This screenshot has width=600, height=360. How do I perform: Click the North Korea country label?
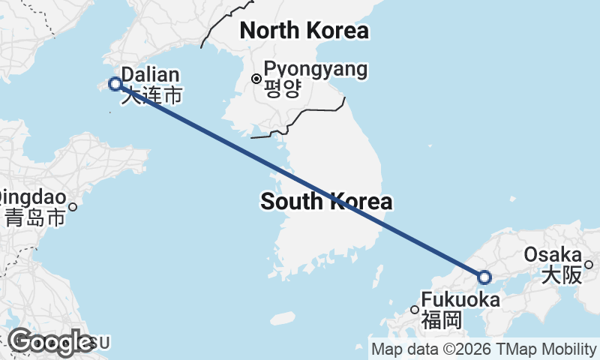click(x=303, y=31)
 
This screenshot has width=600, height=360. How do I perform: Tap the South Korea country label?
click(x=326, y=201)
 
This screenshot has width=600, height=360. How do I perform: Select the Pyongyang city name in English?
click(x=316, y=70)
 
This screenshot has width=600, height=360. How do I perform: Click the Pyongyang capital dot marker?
click(x=256, y=78)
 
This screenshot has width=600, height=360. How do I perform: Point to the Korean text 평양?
click(x=283, y=89)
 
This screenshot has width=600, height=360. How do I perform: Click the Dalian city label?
click(x=150, y=75)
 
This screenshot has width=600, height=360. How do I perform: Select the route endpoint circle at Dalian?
click(x=115, y=84)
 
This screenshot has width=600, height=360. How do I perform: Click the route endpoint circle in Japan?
click(x=484, y=277)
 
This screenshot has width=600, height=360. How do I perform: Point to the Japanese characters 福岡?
click(x=440, y=321)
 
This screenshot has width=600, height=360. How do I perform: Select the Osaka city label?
click(x=553, y=254)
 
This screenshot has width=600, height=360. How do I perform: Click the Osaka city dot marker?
click(x=589, y=264)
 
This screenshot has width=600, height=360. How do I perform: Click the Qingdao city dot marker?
click(x=73, y=206)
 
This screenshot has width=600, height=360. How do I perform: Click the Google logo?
click(x=50, y=342)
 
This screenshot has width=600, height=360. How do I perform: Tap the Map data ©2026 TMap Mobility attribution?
click(x=484, y=349)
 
